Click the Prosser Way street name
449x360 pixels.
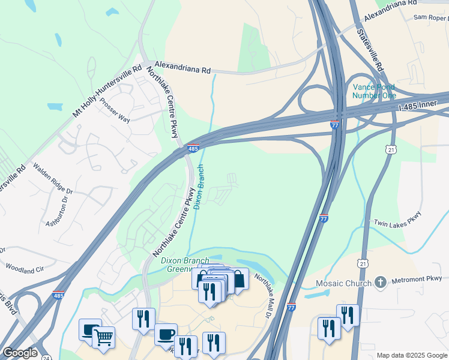pyautogui.click(x=115, y=110)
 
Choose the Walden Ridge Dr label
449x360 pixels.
pyautogui.click(x=53, y=178)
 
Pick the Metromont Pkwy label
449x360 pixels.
pyautogui.click(x=417, y=278)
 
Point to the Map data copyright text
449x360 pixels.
pyautogui.click(x=411, y=355)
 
